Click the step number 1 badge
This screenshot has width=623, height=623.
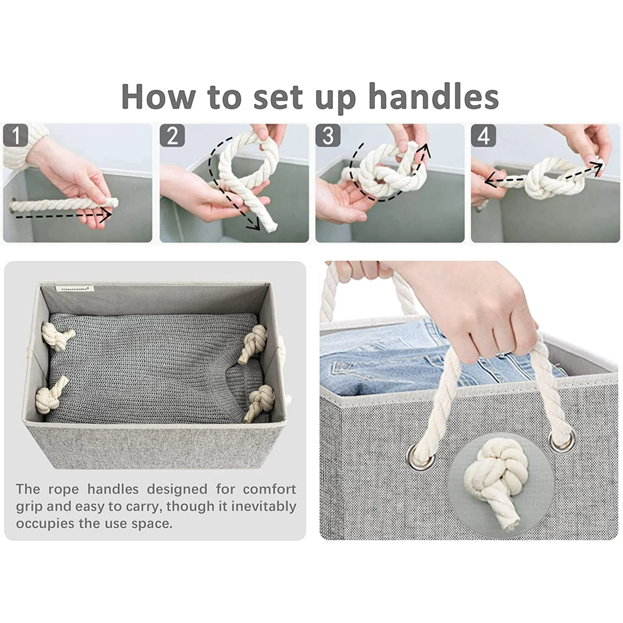(16, 136)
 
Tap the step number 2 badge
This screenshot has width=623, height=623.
(172, 136)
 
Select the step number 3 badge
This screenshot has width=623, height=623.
(328, 136)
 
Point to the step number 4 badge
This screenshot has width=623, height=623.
(483, 136)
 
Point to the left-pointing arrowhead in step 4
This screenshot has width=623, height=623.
(491, 179)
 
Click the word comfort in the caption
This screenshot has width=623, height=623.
(269, 489)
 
